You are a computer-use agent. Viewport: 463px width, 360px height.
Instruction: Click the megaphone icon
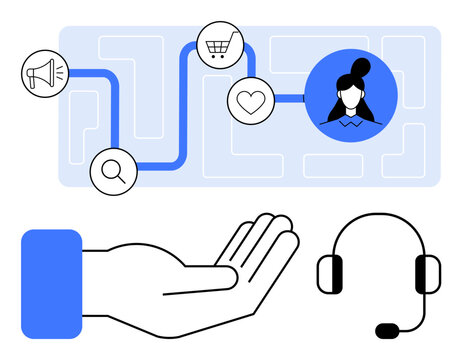tap(44, 73)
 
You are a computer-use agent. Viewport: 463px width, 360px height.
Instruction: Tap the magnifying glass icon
tap(113, 171)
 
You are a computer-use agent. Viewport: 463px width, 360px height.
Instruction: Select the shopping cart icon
tap(217, 45)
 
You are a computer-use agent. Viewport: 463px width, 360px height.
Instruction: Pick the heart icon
tap(249, 100)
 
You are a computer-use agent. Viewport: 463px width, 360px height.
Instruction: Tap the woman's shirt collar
tap(350, 122)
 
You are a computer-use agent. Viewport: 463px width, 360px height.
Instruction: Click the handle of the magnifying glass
tap(121, 180)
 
